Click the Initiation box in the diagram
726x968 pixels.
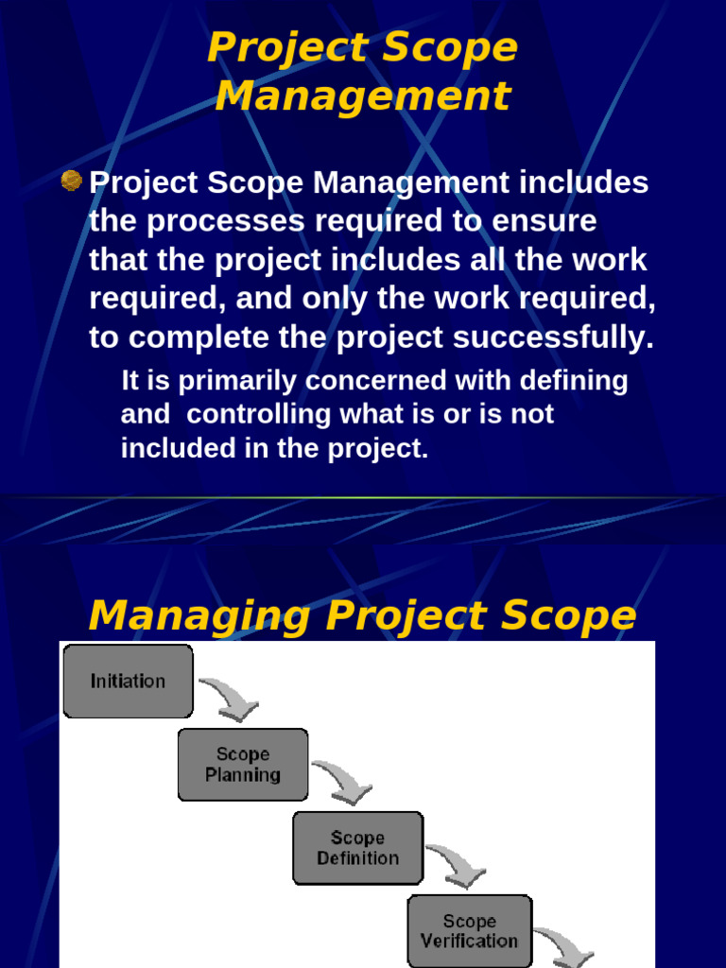click(128, 681)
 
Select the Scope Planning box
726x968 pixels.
click(243, 764)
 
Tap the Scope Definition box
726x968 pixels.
click(357, 848)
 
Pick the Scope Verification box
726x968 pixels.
click(470, 931)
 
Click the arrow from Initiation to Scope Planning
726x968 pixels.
click(230, 697)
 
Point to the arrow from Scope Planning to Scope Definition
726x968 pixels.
click(344, 780)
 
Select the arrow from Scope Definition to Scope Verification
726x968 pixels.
click(458, 863)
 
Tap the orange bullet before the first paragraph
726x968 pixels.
click(70, 180)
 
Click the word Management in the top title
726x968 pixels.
click(363, 95)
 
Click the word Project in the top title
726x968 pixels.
click(274, 47)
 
